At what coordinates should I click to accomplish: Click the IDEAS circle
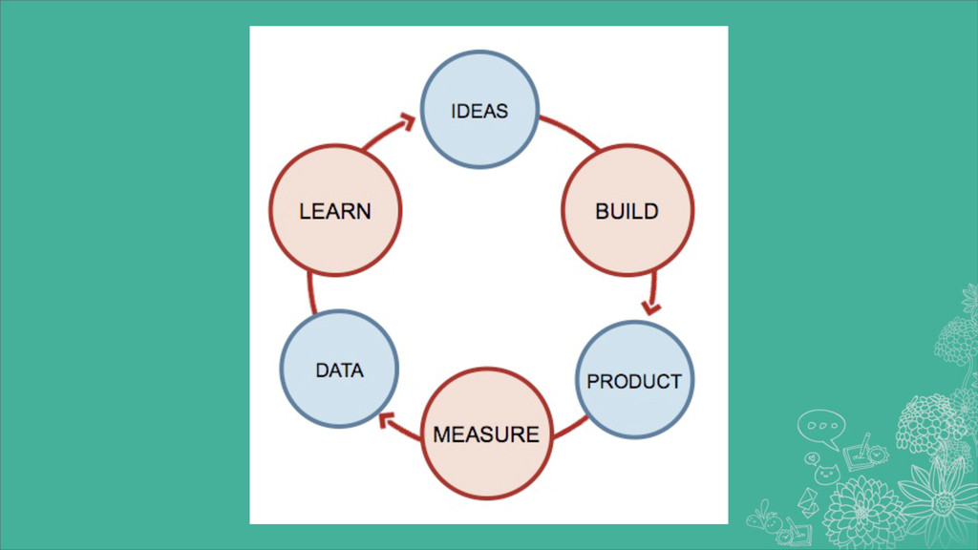[480, 110]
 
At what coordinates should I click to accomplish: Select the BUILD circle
[627, 210]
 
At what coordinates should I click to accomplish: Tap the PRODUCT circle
[635, 380]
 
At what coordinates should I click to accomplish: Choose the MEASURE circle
[486, 434]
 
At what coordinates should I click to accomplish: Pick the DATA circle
[339, 369]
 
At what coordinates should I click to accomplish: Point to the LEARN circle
[335, 210]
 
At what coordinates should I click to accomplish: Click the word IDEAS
[480, 111]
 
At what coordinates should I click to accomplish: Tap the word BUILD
[627, 211]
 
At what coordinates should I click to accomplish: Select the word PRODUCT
[635, 381]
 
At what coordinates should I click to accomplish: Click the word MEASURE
[486, 434]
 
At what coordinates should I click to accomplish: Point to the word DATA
[339, 370]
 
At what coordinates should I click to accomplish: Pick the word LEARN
[335, 211]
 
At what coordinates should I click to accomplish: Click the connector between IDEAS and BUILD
[570, 133]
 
